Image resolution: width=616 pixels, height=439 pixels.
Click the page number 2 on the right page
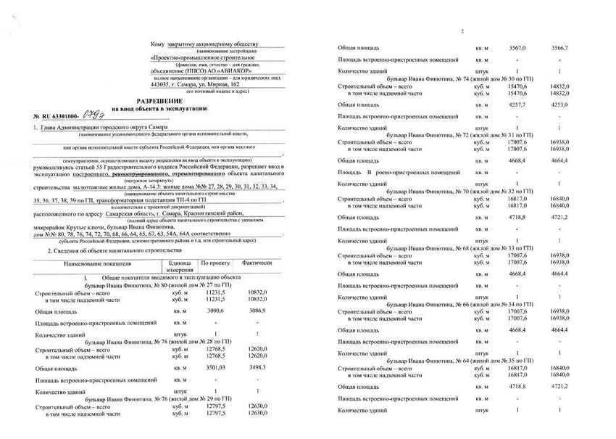(461, 30)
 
